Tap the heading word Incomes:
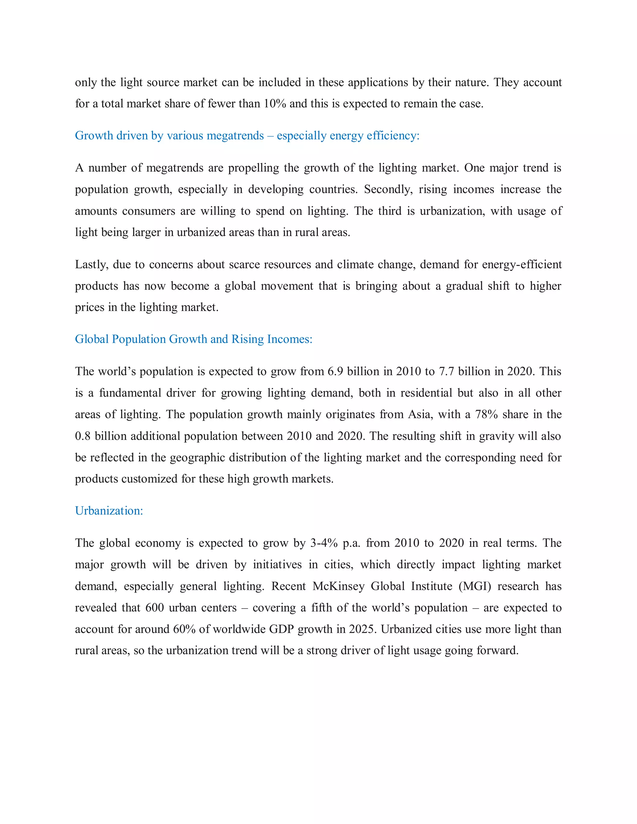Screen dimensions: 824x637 (290, 339)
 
